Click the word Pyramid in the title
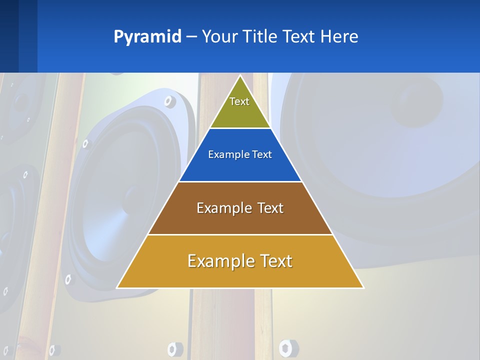[x=147, y=37]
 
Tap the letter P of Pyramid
[x=118, y=36]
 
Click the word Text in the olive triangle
[x=239, y=101]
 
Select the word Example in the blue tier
[x=226, y=154]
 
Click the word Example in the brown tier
[x=223, y=208]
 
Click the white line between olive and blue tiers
[x=240, y=128]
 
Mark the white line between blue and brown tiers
[x=240, y=181]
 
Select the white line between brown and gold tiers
[x=240, y=234]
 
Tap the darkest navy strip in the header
[x=9, y=36]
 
